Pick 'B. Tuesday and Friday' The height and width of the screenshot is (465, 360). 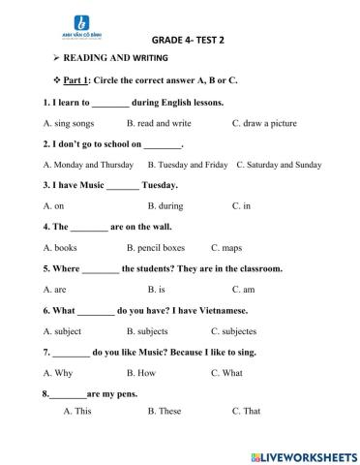pyautogui.click(x=185, y=165)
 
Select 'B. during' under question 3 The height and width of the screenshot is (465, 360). pyautogui.click(x=166, y=206)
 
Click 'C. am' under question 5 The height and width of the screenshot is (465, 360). pyautogui.click(x=243, y=289)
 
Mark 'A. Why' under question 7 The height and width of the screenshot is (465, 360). pyautogui.click(x=58, y=372)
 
